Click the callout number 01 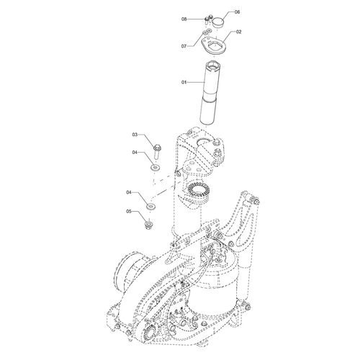point(184,82)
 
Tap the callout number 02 point(238,32)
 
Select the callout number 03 point(135,135)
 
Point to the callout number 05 point(129,212)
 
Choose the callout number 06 point(237,12)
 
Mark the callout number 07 point(184,46)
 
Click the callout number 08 point(184,19)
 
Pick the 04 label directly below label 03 point(135,152)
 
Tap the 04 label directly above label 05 point(129,192)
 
